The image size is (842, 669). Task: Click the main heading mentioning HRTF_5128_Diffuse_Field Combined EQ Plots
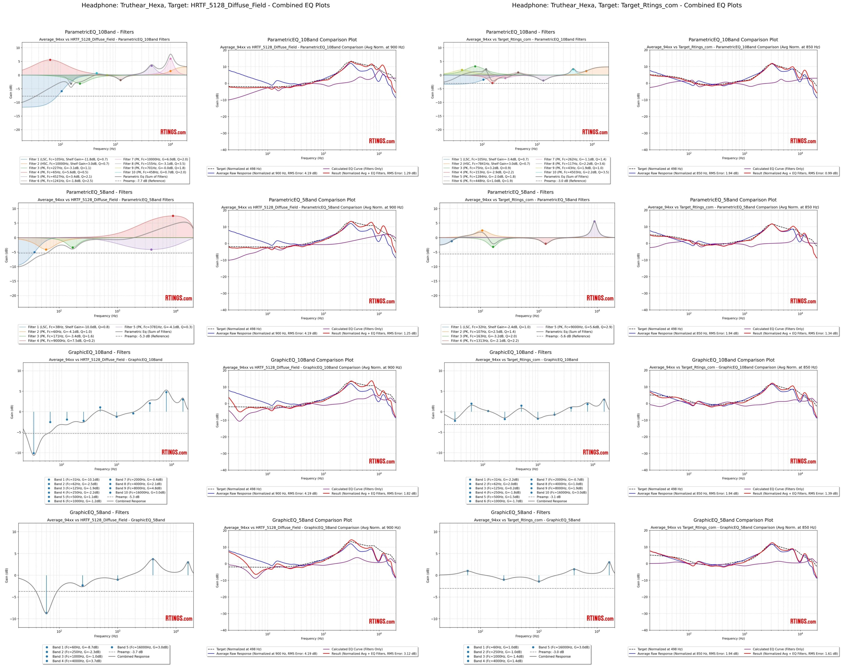[x=205, y=5]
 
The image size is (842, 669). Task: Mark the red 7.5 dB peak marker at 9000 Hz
[x=173, y=216]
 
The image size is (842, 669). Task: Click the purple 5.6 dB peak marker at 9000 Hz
[x=594, y=221]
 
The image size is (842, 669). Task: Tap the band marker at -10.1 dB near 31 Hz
[x=34, y=453]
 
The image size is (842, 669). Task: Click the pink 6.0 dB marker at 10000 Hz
[x=171, y=59]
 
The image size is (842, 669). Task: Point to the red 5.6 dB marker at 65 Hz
[x=50, y=60]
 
